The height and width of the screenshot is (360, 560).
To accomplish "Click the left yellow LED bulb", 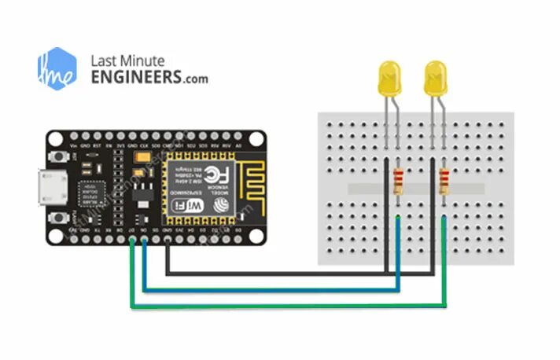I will [388, 78].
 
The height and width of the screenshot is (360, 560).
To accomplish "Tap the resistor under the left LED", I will [399, 183].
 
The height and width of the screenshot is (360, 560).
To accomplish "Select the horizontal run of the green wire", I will [291, 307].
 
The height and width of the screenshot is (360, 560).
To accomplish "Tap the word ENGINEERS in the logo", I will [135, 78].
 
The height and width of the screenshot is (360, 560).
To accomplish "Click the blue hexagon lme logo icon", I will [57, 68].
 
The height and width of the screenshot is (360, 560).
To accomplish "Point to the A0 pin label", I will [238, 146].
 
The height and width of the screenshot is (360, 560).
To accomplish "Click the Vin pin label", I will [74, 146].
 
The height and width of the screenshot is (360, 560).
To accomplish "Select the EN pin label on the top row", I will [109, 146].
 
